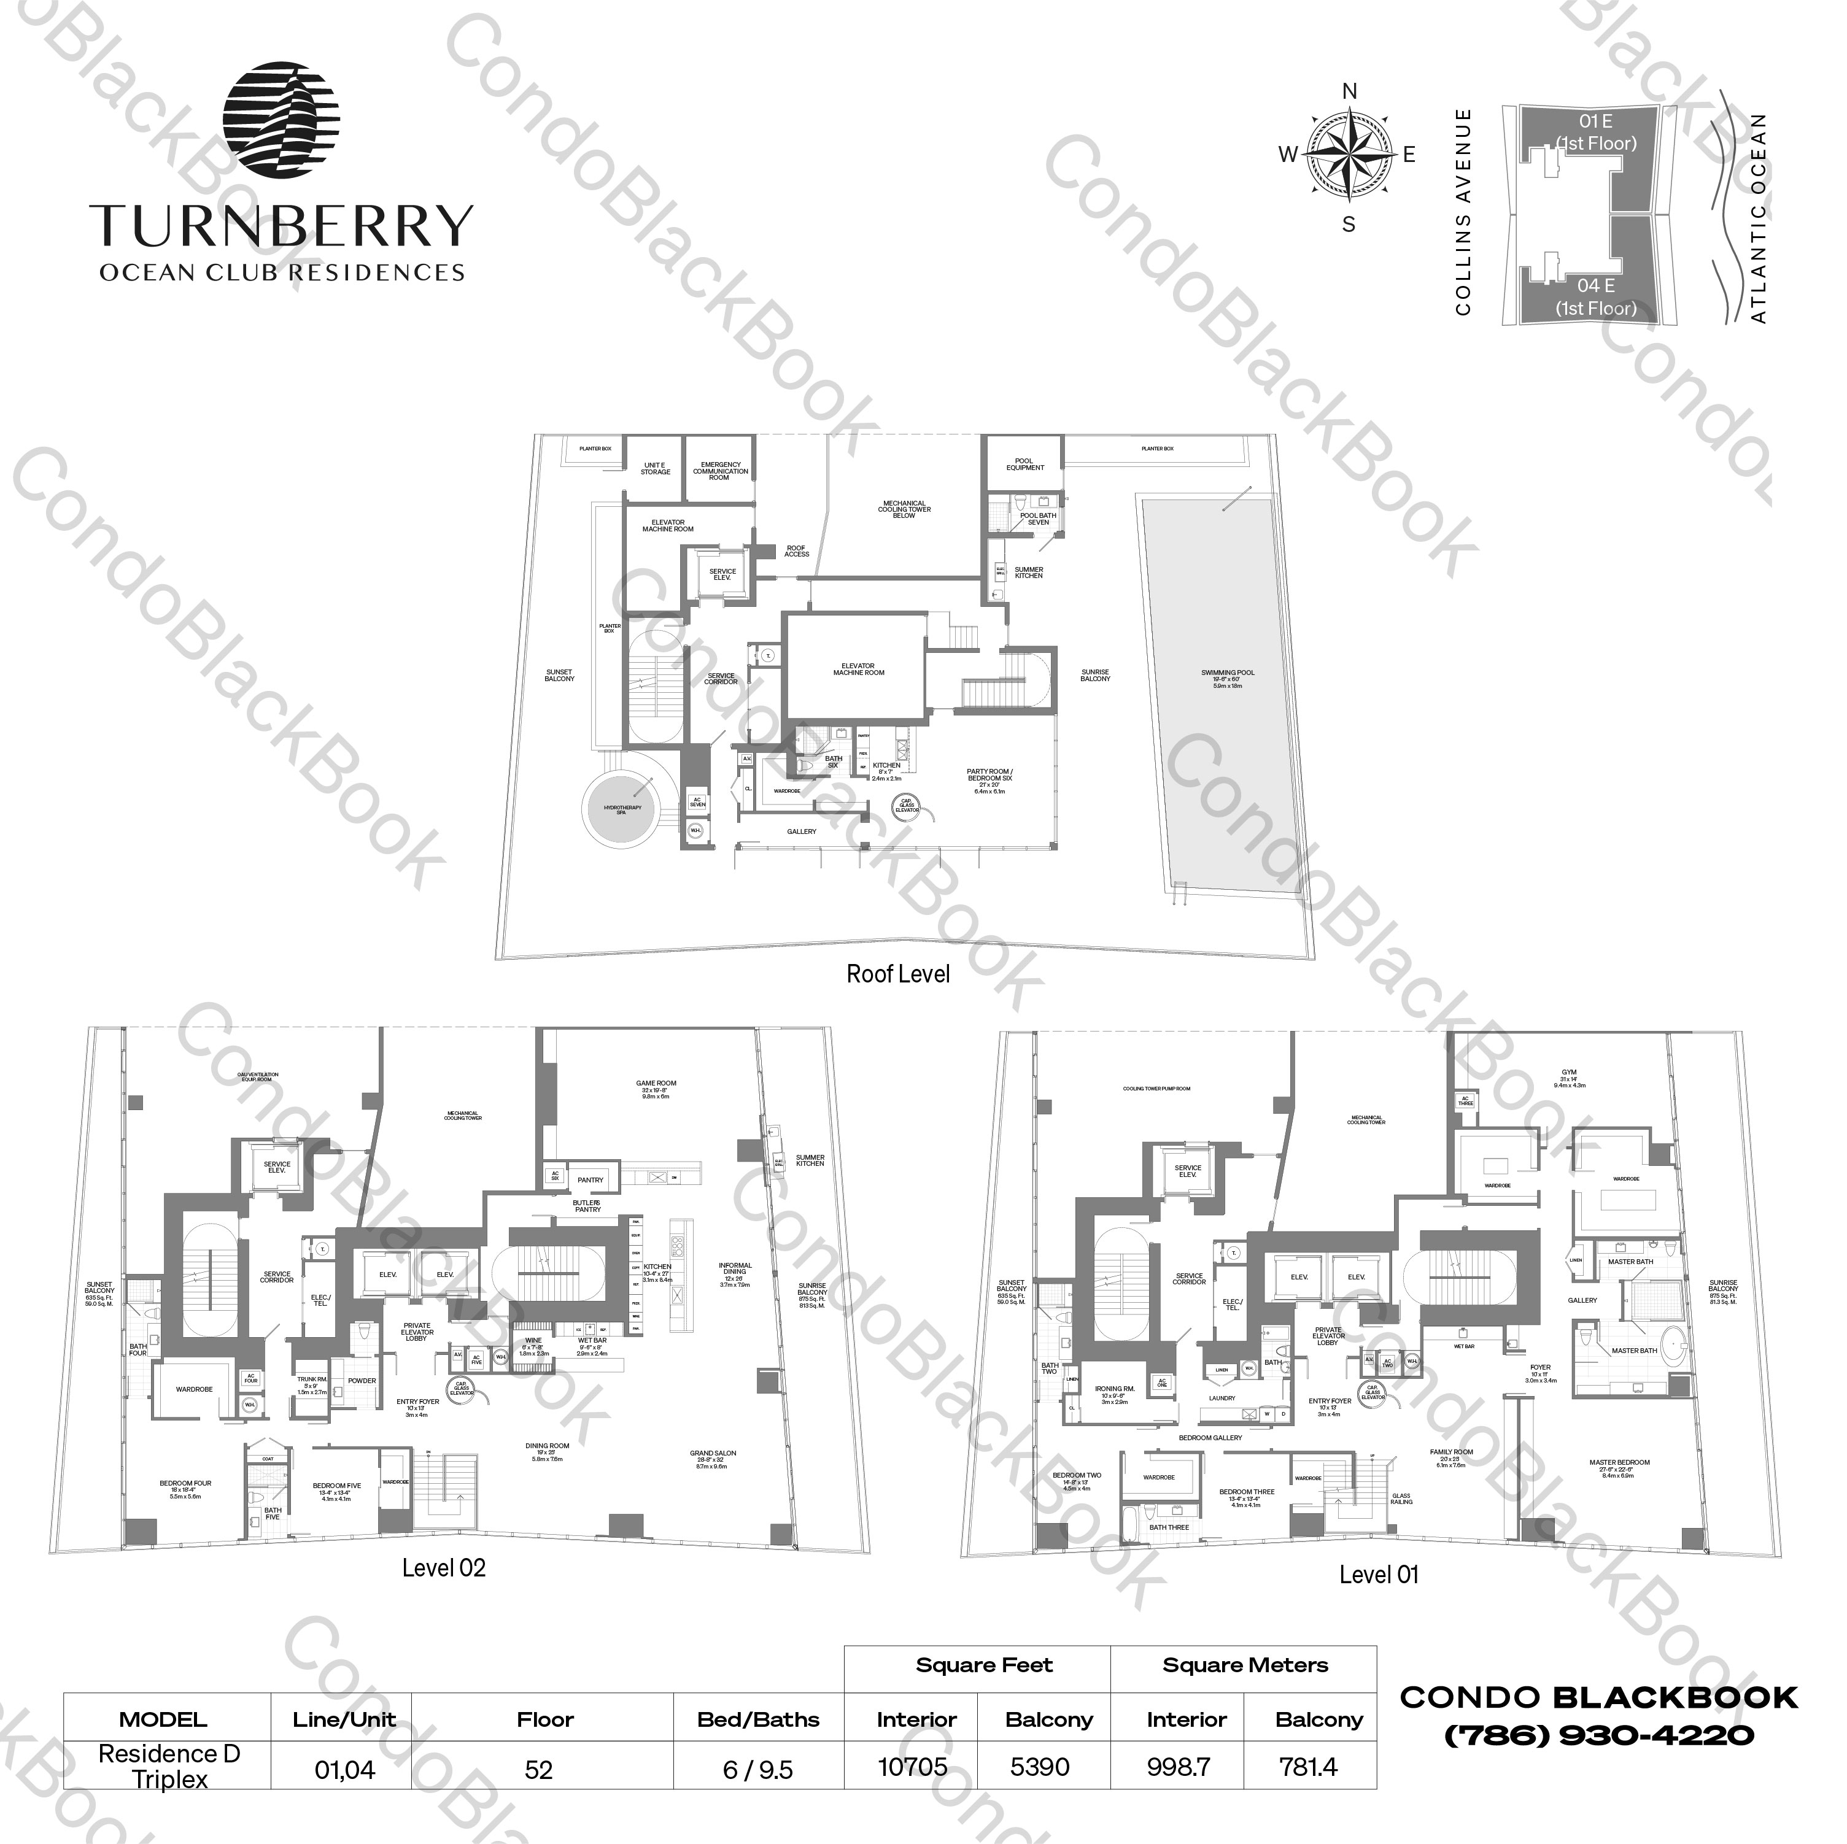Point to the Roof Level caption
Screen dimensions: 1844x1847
(897, 974)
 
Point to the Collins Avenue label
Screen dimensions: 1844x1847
(1463, 212)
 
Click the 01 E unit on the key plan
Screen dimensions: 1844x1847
(1595, 132)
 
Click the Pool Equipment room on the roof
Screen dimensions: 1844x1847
(1024, 464)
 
